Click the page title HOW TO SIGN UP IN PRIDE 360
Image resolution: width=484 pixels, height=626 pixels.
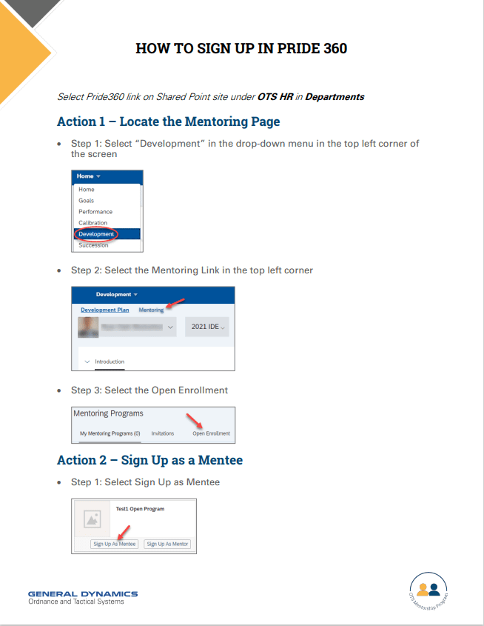point(241,49)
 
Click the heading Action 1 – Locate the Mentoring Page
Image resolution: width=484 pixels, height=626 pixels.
point(168,121)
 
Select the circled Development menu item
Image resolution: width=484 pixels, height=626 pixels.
point(96,234)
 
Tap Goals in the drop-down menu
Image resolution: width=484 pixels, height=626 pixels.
point(87,200)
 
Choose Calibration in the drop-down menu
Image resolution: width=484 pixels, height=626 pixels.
point(93,222)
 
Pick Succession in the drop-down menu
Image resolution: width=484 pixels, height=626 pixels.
point(93,245)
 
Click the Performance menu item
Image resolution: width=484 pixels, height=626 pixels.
point(95,211)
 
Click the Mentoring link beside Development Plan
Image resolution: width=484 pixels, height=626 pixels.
point(151,310)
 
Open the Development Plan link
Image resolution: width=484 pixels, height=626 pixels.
point(104,310)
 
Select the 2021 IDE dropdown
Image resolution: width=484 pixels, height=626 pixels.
point(207,327)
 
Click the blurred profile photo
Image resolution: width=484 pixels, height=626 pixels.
point(88,327)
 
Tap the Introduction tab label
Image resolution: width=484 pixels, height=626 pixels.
point(110,362)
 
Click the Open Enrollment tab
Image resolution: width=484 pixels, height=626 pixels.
point(211,433)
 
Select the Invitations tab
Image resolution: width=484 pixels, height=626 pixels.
point(163,433)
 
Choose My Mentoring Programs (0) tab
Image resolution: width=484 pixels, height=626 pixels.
point(110,433)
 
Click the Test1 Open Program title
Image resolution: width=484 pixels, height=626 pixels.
point(140,509)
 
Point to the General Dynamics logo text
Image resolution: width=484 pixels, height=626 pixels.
point(82,594)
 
